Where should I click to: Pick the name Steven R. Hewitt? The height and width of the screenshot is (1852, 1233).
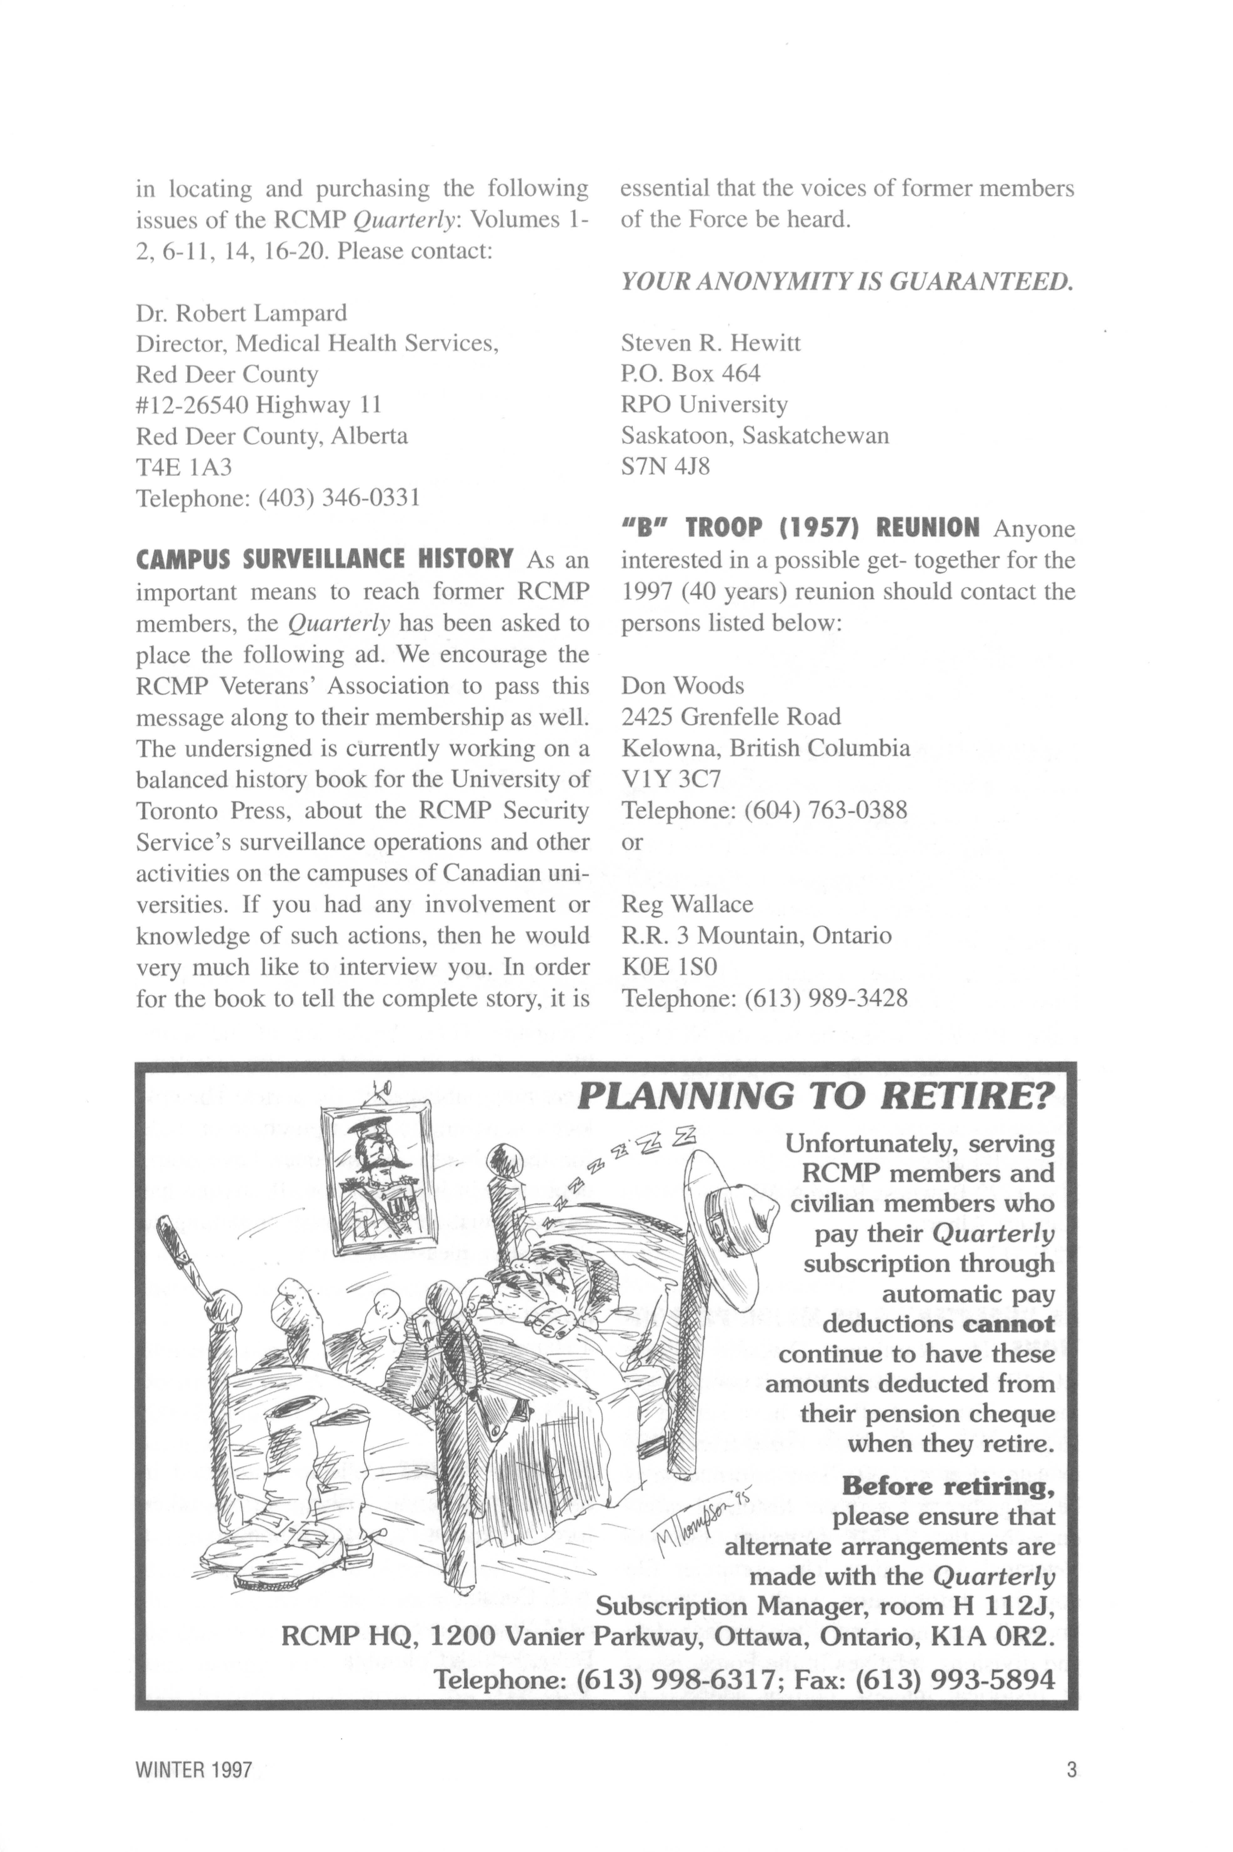[711, 343]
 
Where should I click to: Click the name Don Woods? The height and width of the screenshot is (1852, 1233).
[682, 686]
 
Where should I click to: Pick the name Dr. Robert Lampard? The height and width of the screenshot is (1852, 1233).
[241, 313]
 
